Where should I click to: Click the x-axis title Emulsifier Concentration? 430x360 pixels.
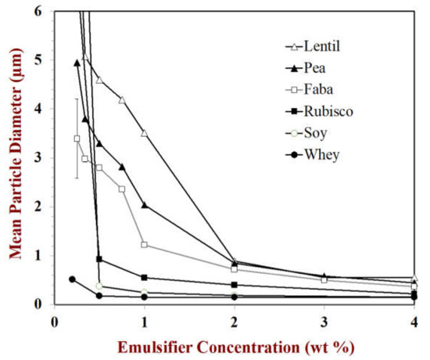233,346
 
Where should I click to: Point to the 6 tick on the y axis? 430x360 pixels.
38,11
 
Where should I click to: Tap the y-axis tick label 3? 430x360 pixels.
38,158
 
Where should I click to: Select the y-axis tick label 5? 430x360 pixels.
38,60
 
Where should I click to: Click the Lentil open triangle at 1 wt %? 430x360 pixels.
145,133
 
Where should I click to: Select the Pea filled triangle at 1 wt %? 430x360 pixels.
145,205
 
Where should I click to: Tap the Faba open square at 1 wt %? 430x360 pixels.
145,244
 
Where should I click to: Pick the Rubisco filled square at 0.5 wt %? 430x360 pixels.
99,259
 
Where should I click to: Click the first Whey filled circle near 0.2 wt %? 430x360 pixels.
72,279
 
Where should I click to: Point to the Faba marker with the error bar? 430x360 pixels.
77,139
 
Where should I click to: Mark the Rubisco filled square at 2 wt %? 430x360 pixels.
235,285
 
